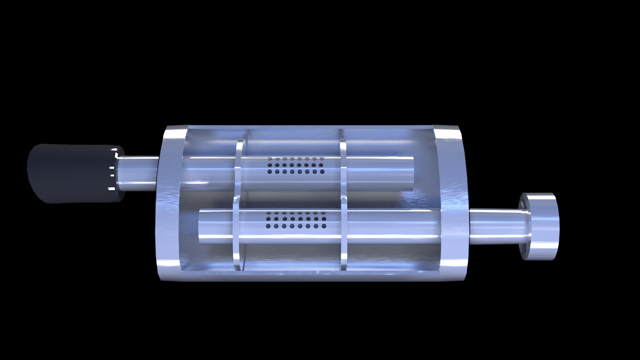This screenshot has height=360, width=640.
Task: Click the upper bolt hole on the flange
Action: point(522,202)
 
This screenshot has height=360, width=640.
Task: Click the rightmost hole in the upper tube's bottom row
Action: point(322,172)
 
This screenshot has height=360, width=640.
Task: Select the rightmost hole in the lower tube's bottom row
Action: point(324,226)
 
